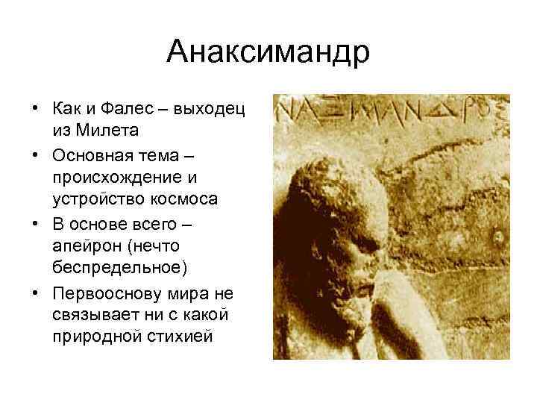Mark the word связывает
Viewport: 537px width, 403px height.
[x=90, y=314]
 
